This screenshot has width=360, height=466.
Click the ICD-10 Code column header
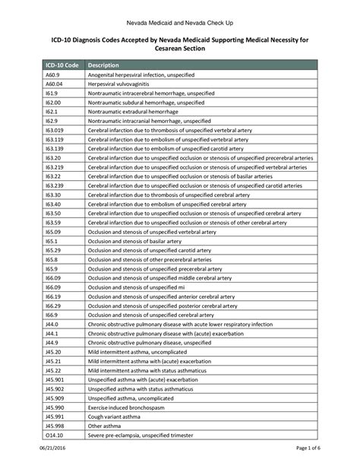tap(62, 65)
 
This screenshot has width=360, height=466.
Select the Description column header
tap(104, 65)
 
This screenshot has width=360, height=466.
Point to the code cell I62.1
tap(51, 111)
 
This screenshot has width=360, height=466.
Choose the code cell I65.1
tap(51, 240)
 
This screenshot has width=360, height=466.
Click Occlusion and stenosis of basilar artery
tap(134, 240)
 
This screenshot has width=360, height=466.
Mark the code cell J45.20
tap(53, 351)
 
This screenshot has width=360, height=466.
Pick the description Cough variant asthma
tap(115, 416)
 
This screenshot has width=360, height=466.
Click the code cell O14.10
tap(54, 434)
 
